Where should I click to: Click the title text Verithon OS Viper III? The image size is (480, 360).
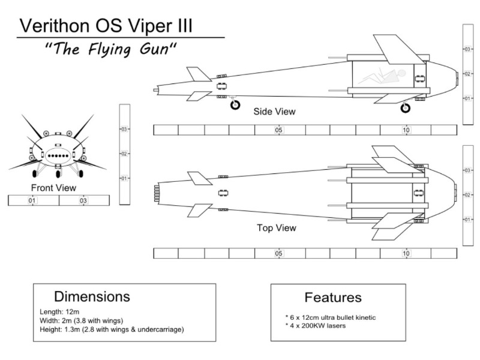click(107, 26)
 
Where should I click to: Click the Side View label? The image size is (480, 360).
click(274, 112)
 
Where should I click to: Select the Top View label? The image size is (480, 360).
click(276, 228)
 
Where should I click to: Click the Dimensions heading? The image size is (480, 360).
click(92, 296)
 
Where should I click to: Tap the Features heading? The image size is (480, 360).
click(333, 297)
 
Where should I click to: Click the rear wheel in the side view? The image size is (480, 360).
click(235, 104)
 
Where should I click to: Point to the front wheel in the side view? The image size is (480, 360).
click(406, 108)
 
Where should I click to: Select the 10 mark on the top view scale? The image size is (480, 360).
click(406, 253)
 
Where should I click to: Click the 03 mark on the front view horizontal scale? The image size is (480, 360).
click(83, 200)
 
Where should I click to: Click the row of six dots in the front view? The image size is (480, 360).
click(58, 155)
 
